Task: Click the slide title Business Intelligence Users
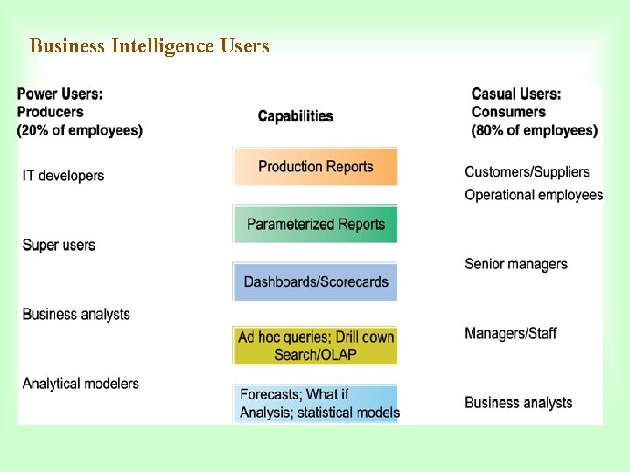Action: coord(150,46)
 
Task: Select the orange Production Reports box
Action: coord(315,167)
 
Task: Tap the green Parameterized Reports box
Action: coord(315,225)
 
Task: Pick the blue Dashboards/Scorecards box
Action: coord(315,281)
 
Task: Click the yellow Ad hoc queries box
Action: coord(315,345)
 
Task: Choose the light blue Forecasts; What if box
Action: coord(315,404)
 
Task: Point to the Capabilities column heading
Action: coord(296,116)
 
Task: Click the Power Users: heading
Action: coord(60,94)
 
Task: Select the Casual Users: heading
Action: coord(516,94)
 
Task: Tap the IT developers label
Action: coord(63,176)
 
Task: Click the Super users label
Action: coord(59,245)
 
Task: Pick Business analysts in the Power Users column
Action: coord(76,314)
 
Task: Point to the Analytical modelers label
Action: coord(80,383)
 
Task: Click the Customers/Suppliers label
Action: coord(527,172)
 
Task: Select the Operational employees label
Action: coord(534,195)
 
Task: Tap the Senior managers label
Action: coord(516,264)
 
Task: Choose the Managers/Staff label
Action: coord(511,333)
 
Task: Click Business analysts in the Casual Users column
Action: coord(519,403)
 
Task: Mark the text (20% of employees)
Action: coord(80,130)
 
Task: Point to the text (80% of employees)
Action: coord(535,130)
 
